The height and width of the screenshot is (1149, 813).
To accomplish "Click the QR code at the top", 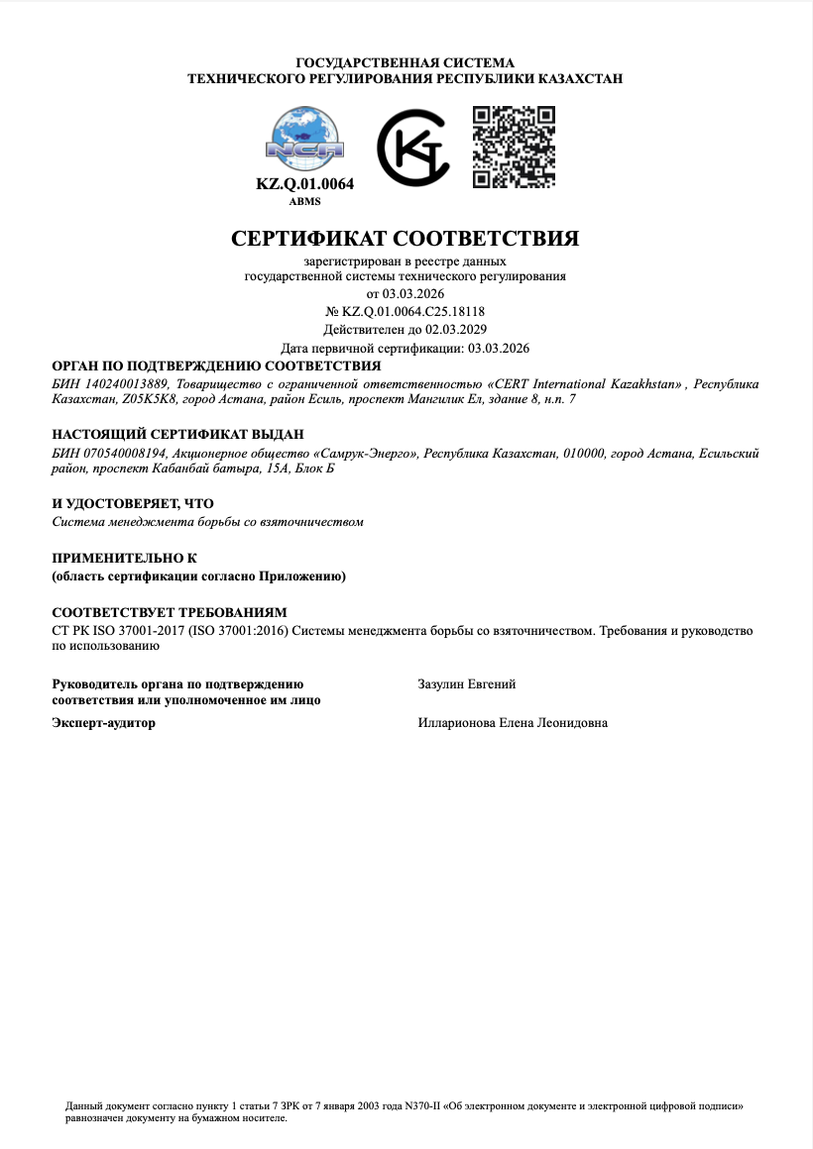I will (513, 146).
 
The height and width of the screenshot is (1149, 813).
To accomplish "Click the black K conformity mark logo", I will (413, 149).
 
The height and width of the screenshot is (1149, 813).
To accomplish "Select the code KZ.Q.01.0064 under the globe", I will (304, 184).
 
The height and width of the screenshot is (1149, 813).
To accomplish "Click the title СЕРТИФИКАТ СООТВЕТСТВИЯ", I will (405, 239).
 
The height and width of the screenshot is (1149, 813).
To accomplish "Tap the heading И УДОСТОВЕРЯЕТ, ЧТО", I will (132, 504).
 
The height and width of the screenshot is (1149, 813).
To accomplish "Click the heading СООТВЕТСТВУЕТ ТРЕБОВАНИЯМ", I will (169, 613).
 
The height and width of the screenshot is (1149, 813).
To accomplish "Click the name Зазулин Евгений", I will (467, 684).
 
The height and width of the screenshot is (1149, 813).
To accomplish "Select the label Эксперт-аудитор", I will (103, 723).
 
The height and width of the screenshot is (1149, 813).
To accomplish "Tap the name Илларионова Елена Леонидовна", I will (514, 723).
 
